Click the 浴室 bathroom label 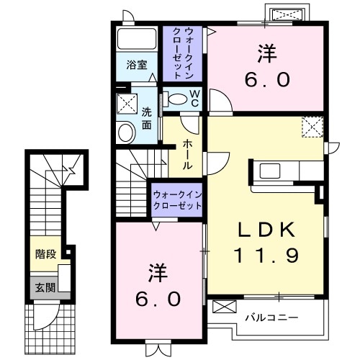(x=138, y=64)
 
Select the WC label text (x=194, y=95)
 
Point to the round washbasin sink (x=127, y=132)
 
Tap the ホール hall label (x=187, y=154)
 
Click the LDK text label (x=266, y=230)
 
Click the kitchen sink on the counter (x=272, y=171)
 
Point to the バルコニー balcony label (x=271, y=315)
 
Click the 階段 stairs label (x=45, y=254)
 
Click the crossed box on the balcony (x=225, y=307)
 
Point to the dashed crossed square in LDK (x=313, y=127)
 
